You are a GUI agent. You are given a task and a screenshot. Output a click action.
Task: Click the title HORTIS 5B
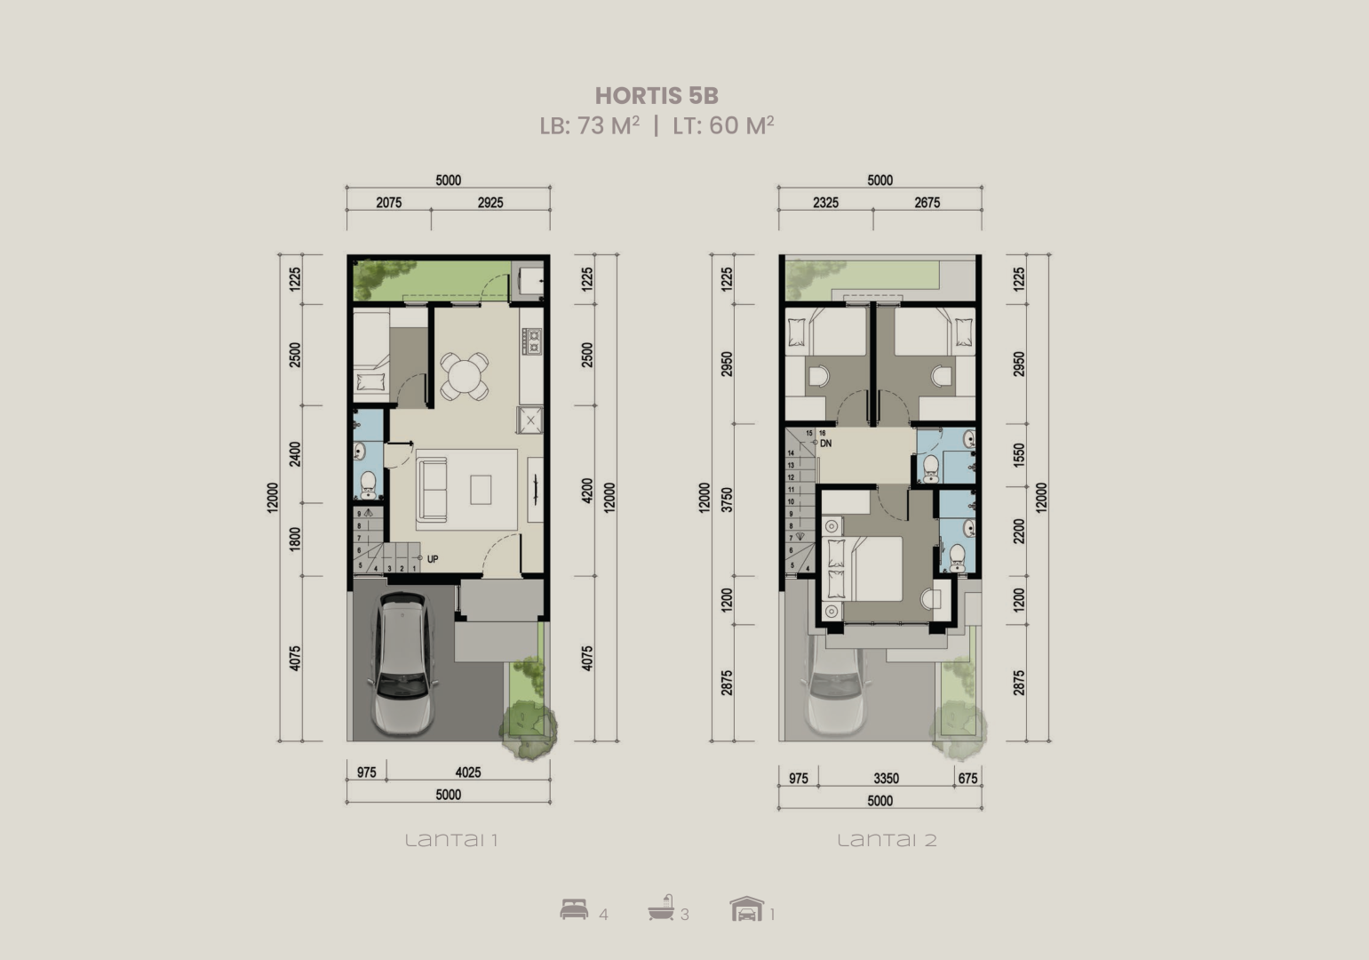tap(657, 95)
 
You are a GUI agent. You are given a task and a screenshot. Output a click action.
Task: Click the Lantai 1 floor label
tap(451, 840)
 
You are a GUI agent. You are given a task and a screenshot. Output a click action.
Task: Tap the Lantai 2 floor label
tap(887, 840)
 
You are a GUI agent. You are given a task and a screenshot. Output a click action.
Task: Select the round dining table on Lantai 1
tap(465, 376)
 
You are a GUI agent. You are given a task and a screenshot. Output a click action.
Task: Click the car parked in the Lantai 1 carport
tap(403, 662)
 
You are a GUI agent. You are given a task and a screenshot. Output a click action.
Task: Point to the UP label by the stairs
tap(433, 559)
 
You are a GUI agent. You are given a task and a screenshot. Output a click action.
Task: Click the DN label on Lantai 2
tap(825, 444)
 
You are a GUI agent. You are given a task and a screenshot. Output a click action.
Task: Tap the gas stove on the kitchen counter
tap(532, 341)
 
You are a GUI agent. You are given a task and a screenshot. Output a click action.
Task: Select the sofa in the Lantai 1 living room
tap(432, 491)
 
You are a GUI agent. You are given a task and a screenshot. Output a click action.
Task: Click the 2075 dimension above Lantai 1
tap(389, 203)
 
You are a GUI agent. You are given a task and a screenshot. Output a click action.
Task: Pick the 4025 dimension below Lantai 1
tap(468, 772)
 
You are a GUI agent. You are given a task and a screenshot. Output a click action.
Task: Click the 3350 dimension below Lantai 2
tap(887, 779)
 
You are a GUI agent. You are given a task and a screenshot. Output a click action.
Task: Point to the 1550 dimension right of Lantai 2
tap(1019, 455)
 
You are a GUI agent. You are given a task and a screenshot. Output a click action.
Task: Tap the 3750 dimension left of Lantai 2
tap(727, 500)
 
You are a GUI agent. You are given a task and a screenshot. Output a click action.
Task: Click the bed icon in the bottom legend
tap(575, 909)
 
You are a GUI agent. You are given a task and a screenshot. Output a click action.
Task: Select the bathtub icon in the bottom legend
tap(661, 908)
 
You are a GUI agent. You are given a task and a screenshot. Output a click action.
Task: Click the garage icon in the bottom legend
tap(747, 908)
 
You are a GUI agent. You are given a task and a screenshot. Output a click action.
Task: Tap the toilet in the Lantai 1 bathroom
tap(368, 485)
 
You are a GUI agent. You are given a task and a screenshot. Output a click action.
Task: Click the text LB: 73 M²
tap(589, 125)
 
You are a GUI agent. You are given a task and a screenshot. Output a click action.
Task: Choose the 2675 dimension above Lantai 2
tap(927, 203)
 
